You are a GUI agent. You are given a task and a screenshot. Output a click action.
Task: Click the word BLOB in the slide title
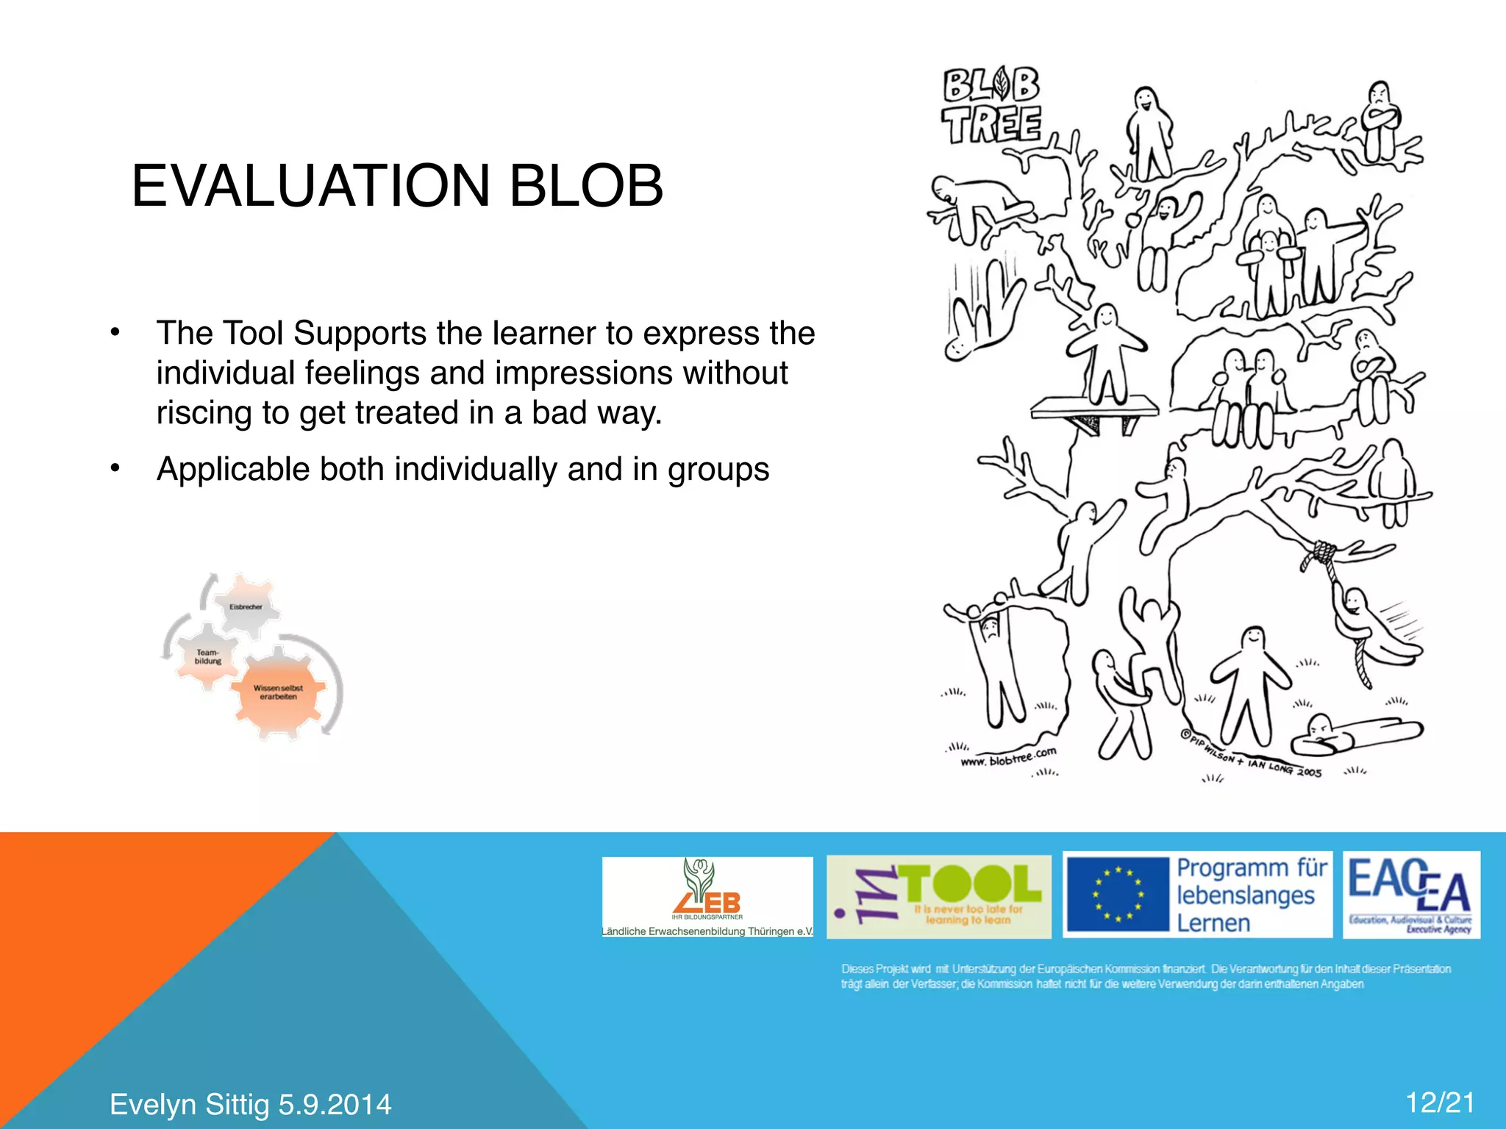[586, 185]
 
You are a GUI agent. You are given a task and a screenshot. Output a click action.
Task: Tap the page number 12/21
[1440, 1103]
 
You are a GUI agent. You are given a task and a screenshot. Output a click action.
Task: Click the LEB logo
[707, 897]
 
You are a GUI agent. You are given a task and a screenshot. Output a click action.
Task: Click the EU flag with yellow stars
[1118, 895]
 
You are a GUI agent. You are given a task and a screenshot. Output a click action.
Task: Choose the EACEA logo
[1410, 895]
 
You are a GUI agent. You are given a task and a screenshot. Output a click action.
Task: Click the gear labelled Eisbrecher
[246, 606]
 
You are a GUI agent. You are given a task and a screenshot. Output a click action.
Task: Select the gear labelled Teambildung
[207, 656]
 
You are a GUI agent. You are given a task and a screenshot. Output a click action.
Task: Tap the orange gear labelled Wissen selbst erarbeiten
[278, 692]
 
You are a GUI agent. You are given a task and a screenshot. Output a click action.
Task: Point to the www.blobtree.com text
[1008, 757]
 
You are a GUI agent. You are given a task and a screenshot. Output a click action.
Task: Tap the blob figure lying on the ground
[1353, 735]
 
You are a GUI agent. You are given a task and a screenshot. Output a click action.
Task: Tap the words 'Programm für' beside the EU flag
[1252, 868]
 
